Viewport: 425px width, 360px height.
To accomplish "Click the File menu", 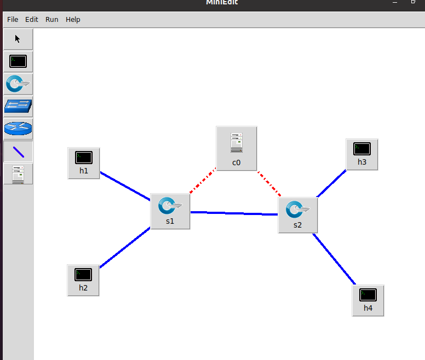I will click(13, 20).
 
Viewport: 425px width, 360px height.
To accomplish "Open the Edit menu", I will click(32, 20).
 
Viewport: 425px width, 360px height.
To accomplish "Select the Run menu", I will click(52, 20).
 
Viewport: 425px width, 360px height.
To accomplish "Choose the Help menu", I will click(73, 20).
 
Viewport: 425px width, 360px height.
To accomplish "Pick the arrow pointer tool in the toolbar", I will click(18, 39).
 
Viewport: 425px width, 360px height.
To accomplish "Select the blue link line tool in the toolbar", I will click(18, 152).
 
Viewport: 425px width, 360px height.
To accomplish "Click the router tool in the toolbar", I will click(18, 129).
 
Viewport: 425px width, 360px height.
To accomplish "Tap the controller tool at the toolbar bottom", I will click(18, 173).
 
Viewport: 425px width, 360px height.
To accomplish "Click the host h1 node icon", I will click(84, 158).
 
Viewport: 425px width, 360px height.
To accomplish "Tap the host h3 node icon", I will click(362, 149).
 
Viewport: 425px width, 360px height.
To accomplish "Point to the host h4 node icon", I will click(368, 295).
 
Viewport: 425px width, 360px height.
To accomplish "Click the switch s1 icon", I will click(170, 206).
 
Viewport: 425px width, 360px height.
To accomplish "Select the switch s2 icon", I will click(298, 210).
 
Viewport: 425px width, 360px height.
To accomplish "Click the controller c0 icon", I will click(237, 143).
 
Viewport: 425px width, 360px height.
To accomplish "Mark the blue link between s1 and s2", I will click(234, 213).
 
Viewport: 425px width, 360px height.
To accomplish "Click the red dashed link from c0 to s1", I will click(203, 181).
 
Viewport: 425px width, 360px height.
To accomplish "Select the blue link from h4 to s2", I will click(334, 259).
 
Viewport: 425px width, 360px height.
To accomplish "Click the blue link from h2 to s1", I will click(125, 247).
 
